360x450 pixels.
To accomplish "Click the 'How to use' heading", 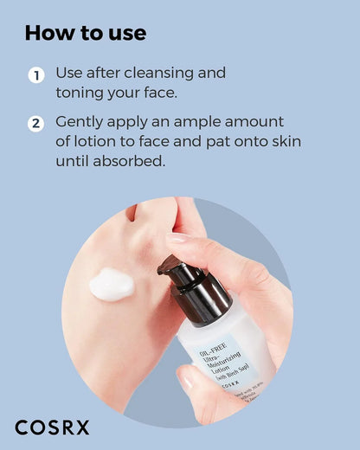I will point(85,33).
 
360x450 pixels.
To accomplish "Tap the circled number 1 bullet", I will point(35,75).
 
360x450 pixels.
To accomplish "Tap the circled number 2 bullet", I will point(35,124).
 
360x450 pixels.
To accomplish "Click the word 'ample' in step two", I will point(196,122).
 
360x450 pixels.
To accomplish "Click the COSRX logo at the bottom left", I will point(52,427).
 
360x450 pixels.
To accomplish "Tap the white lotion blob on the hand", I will point(111,285).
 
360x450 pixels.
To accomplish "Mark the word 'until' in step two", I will point(75,161).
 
